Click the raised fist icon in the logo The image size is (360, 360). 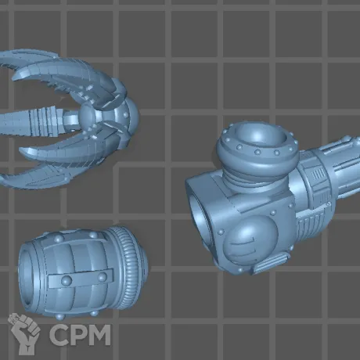[25, 333]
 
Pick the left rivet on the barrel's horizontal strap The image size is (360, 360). [67, 280]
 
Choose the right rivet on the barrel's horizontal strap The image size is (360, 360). [103, 277]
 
